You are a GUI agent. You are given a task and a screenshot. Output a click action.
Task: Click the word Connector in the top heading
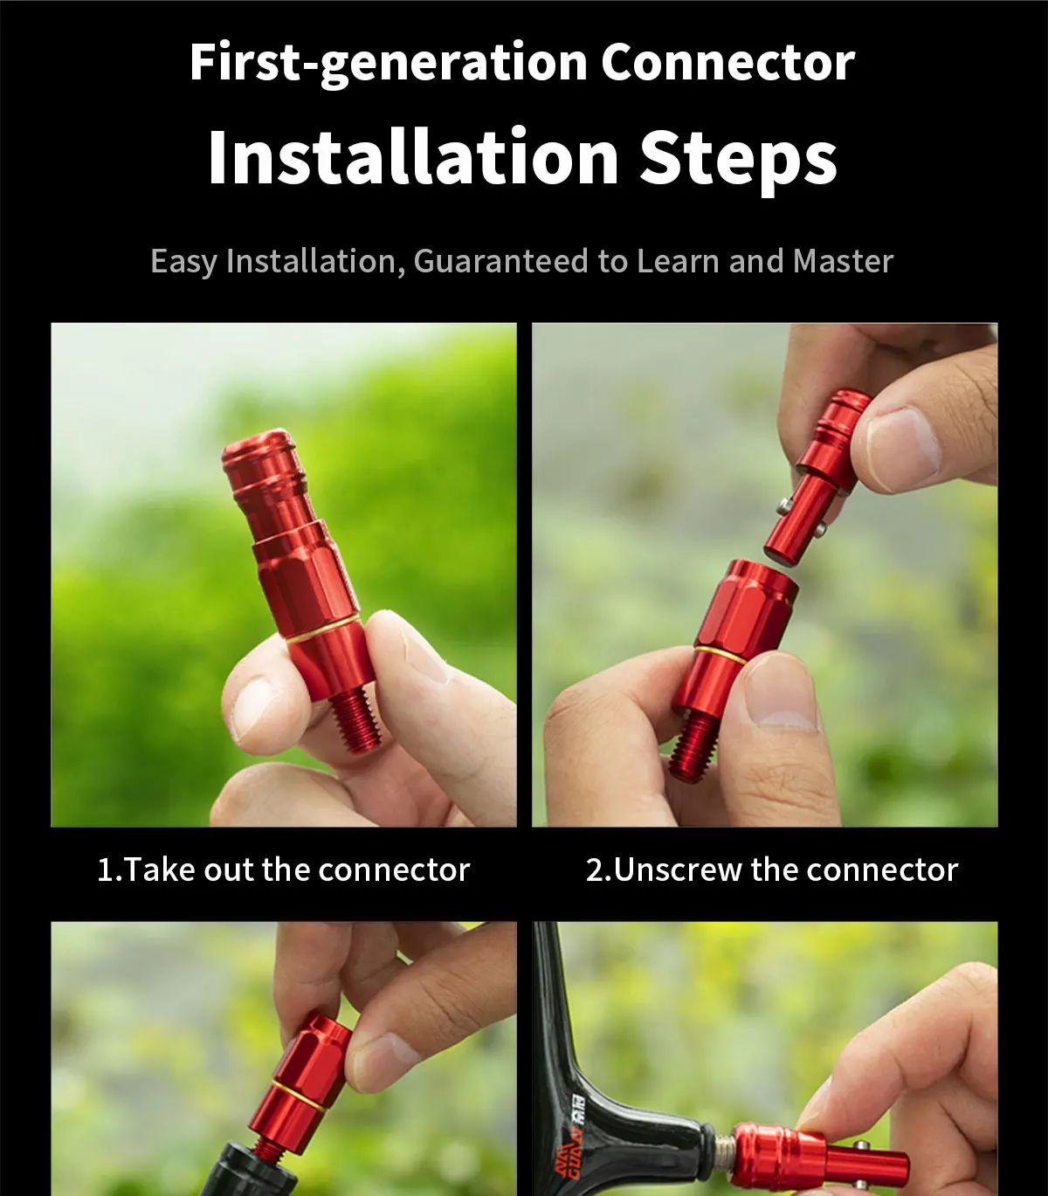tap(727, 62)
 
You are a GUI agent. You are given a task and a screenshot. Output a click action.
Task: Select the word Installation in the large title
tap(413, 156)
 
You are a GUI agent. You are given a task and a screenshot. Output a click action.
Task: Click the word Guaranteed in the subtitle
tap(500, 261)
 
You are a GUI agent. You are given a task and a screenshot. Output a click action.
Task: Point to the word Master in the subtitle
tap(843, 261)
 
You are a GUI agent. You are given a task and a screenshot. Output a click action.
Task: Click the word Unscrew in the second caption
tap(677, 870)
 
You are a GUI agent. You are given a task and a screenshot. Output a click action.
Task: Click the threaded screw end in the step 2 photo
tap(693, 748)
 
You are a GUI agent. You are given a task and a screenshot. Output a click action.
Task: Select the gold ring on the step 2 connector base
tap(721, 656)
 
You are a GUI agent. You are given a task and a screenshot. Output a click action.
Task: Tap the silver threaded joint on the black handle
tap(723, 1151)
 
